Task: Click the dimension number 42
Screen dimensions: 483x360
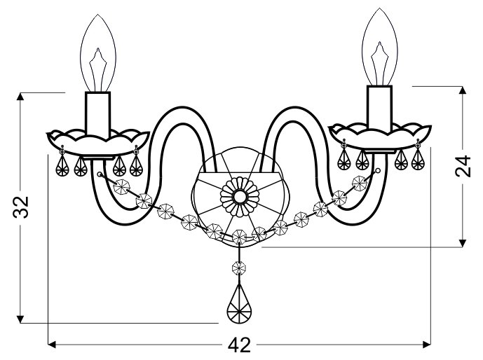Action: coord(239,345)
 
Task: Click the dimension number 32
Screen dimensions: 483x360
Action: coord(21,207)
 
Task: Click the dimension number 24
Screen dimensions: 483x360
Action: coord(463,166)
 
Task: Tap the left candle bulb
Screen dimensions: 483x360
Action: coord(98,53)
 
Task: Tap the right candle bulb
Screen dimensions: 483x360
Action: coord(379,47)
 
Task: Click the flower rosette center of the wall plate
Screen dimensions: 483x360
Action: coord(239,196)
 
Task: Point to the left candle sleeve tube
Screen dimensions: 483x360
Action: coord(98,114)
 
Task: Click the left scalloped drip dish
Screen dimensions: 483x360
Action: coord(98,142)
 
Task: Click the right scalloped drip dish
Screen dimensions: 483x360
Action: coord(380,136)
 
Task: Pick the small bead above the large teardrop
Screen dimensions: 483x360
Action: coord(239,268)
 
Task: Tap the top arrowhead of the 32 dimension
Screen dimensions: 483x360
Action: coord(20,97)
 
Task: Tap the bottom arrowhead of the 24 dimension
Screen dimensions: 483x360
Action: coord(462,243)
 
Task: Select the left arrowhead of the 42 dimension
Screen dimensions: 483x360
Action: coord(53,345)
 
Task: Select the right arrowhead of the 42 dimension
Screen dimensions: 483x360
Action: coord(427,345)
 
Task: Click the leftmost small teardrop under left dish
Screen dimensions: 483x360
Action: coord(62,165)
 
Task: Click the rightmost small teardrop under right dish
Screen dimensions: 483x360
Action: coord(417,159)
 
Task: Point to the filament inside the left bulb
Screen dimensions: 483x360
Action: coord(98,69)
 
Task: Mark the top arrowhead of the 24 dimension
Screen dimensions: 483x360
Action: coord(462,90)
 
